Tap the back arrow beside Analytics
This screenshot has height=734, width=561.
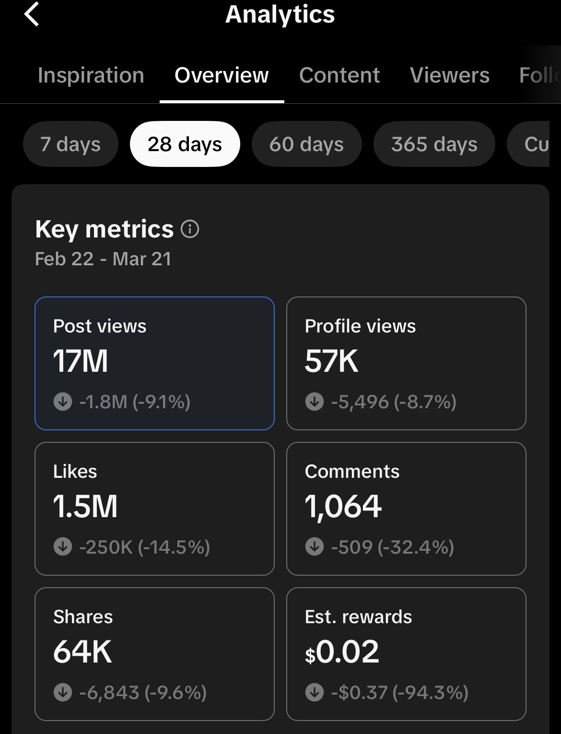click(x=32, y=14)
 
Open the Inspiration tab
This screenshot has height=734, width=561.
click(x=91, y=75)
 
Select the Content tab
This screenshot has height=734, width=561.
click(x=339, y=75)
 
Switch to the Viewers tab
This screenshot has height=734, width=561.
click(x=449, y=75)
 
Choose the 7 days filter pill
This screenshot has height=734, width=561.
click(x=70, y=144)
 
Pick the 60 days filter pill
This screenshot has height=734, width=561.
click(x=306, y=144)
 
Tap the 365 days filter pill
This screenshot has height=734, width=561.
click(x=434, y=144)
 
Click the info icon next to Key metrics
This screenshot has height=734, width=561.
click(x=190, y=229)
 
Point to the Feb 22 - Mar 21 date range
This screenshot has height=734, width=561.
click(x=103, y=259)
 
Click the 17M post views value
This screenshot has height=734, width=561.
click(x=81, y=361)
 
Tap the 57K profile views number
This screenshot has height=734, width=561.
click(x=331, y=361)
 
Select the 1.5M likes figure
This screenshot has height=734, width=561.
click(x=85, y=506)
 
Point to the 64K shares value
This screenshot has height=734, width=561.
click(x=82, y=651)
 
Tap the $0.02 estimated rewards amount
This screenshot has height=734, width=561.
click(x=342, y=651)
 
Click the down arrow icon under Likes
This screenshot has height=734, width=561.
click(x=63, y=546)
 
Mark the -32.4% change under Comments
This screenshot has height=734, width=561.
click(x=416, y=547)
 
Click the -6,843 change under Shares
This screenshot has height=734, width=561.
click(x=109, y=692)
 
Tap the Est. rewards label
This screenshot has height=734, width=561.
click(x=358, y=616)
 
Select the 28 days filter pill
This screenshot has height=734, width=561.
click(x=185, y=144)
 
